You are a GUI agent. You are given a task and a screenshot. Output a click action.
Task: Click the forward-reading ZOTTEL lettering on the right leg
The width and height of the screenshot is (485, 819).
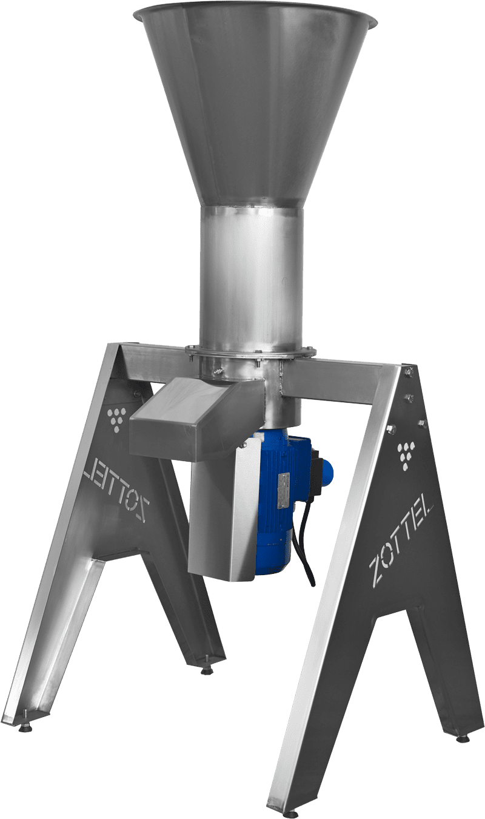(x=401, y=539)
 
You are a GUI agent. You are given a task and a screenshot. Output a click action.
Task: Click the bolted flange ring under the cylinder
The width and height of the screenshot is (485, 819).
(x=250, y=352)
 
